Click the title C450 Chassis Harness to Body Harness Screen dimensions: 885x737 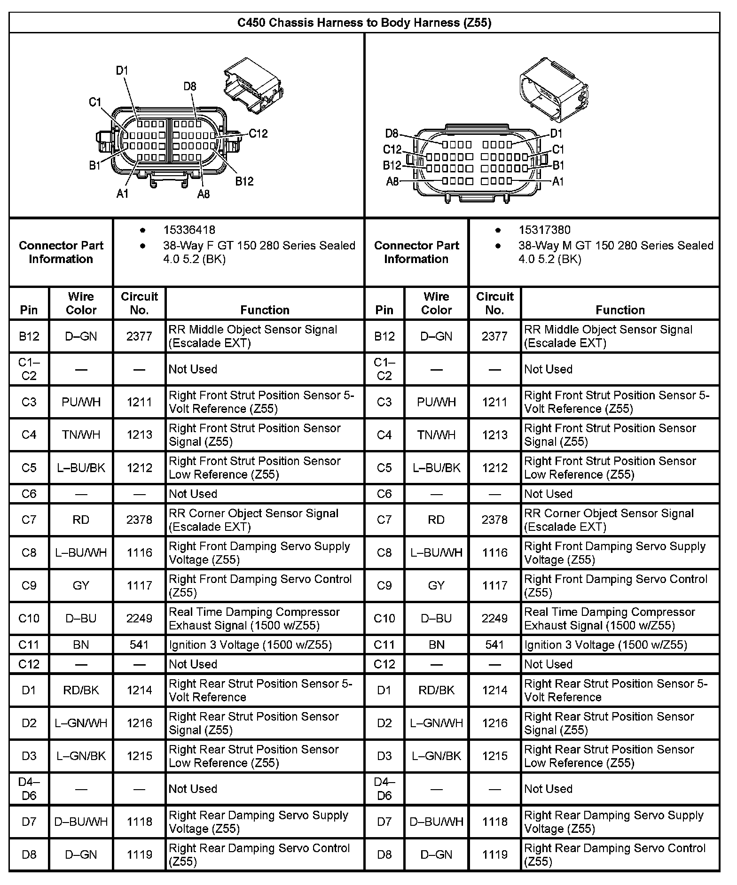364,23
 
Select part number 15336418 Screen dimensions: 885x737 189,230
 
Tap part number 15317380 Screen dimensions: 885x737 544,230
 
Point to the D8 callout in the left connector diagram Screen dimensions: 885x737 189,86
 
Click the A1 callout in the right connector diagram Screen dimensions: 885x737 557,181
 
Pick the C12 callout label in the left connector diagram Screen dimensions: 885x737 258,133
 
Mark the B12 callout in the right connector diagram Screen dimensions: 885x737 392,165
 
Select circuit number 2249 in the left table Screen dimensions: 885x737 139,618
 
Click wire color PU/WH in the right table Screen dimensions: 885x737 436,402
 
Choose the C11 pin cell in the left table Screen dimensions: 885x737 29,644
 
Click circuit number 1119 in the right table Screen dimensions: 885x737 494,854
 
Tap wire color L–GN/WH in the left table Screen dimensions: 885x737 81,723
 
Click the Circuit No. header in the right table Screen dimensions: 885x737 494,303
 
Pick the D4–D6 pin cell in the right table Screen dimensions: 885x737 384,789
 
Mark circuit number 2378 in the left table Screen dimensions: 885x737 139,520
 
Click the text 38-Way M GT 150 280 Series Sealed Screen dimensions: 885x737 616,245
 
